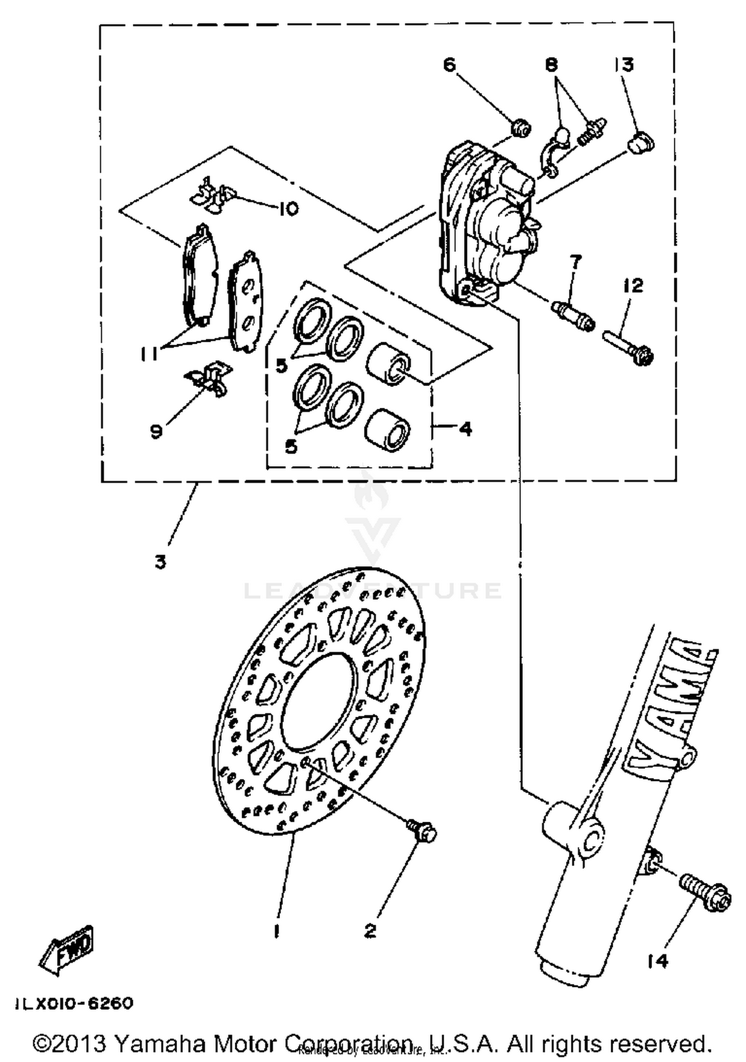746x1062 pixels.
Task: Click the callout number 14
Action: (657, 962)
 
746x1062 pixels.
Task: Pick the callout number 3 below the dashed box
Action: (160, 562)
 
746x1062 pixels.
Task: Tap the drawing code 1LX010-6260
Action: (75, 1003)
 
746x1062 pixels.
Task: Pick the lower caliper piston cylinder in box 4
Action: (388, 430)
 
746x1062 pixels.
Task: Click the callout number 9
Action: (156, 431)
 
